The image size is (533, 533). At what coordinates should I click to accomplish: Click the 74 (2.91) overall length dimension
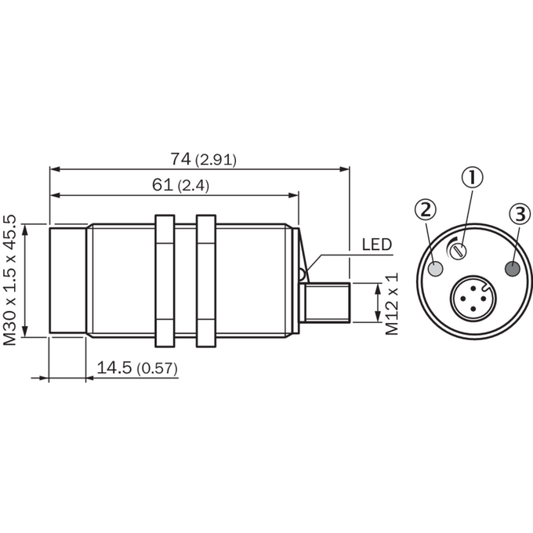click(203, 159)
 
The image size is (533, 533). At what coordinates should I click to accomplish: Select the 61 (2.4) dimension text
click(180, 185)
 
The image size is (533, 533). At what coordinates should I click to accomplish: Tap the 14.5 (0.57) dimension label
click(137, 368)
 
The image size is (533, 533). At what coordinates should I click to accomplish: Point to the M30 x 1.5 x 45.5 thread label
click(10, 280)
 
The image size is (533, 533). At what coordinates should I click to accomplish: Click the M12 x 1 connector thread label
click(392, 303)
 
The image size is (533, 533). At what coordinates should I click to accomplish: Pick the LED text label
click(377, 245)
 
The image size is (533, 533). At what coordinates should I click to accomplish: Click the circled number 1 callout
click(472, 178)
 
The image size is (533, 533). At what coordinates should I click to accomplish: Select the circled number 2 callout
click(426, 209)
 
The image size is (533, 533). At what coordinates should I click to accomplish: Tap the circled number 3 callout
click(520, 214)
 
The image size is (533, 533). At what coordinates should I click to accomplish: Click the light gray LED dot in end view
click(436, 269)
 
